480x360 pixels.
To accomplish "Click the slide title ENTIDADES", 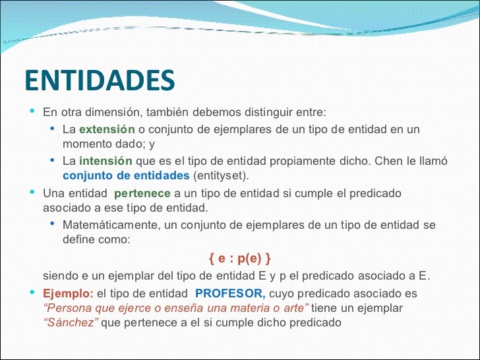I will [100, 80].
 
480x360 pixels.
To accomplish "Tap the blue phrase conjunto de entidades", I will [125, 176].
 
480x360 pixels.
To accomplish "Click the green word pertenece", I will [142, 193].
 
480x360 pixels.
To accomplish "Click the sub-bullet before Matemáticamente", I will [53, 224].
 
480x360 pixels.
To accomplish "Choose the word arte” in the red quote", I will [293, 308].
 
